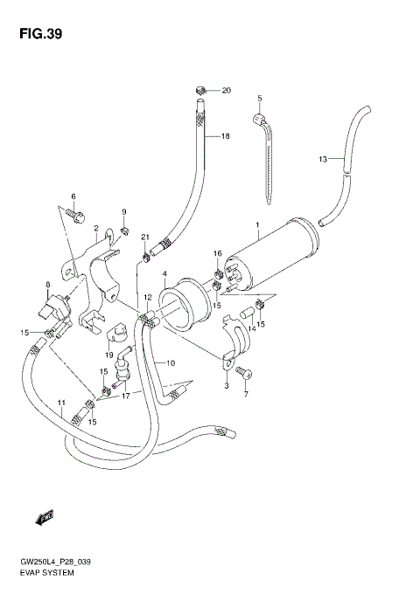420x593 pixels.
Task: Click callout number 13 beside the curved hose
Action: point(322,159)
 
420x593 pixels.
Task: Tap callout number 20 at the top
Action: point(226,91)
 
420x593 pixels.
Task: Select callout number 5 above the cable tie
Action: point(259,98)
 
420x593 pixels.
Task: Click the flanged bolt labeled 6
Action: point(75,212)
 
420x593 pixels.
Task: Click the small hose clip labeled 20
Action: point(200,88)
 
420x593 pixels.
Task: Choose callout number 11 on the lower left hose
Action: point(61,402)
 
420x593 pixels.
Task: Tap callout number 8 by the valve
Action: point(48,285)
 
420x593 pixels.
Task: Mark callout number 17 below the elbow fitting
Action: point(126,396)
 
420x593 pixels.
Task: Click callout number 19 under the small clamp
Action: point(109,355)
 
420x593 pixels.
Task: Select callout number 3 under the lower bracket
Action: point(226,385)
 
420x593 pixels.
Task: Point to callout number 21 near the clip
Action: point(146,238)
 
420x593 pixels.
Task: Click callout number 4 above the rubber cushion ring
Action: point(164,275)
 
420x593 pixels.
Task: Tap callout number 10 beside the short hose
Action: point(171,363)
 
